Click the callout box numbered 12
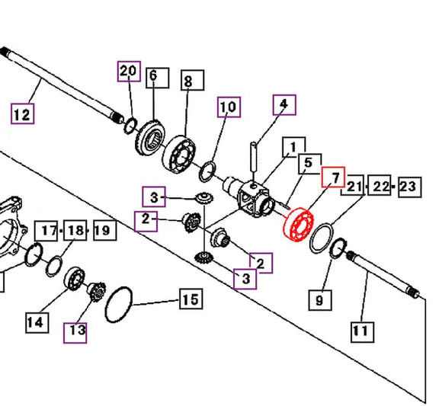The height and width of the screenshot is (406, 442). [23, 113]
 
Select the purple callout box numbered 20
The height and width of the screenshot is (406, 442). [129, 71]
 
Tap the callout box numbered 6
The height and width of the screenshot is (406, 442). [158, 78]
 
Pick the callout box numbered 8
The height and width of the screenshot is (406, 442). [192, 80]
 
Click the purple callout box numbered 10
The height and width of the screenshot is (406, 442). [229, 107]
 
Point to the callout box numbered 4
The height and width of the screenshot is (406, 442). [284, 105]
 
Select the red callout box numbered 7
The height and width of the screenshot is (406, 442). [334, 177]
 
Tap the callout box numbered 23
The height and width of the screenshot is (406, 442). [409, 187]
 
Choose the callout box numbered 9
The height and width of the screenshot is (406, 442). [320, 300]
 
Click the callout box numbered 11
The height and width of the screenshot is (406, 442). [363, 332]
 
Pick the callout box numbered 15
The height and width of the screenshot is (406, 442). [191, 299]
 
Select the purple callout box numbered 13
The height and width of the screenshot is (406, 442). [75, 333]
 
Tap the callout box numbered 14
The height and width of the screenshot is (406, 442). [37, 323]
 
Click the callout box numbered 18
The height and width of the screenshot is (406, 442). [75, 230]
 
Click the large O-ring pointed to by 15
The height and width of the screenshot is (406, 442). [106, 304]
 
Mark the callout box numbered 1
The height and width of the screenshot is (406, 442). [294, 147]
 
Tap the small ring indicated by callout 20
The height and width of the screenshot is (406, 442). [126, 126]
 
